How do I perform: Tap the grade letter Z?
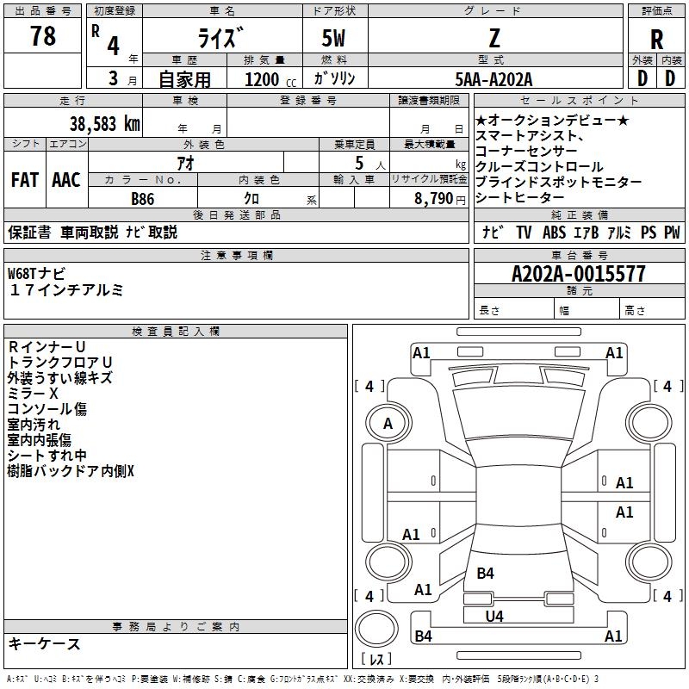tap(493, 38)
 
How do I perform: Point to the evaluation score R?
tap(656, 40)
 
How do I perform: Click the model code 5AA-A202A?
tap(493, 79)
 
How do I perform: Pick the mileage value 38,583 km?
tap(104, 123)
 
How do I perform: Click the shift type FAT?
tap(24, 180)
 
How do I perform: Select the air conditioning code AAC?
tap(66, 180)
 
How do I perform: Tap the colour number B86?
tap(143, 198)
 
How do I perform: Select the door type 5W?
tap(334, 39)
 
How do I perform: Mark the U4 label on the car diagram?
tap(494, 616)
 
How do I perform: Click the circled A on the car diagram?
tap(388, 423)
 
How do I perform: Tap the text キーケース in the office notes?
tap(44, 643)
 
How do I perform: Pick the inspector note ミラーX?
tap(34, 393)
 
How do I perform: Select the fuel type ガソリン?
tap(334, 79)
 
